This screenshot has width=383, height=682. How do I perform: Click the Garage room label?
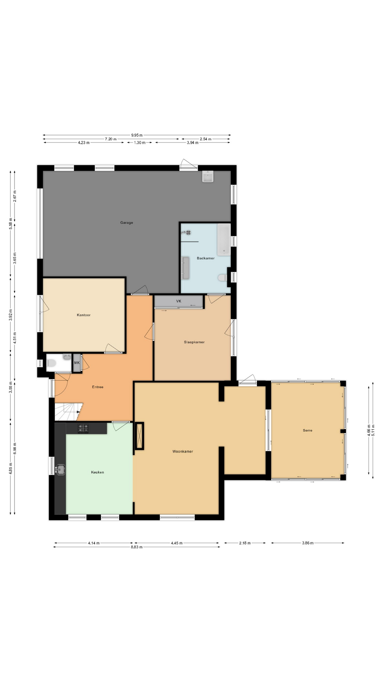[127, 223]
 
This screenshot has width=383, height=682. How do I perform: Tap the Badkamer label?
[206, 258]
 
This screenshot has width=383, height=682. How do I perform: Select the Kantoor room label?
[84, 315]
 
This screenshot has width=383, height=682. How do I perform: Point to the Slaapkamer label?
[194, 342]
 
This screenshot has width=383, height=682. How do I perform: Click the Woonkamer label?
[183, 451]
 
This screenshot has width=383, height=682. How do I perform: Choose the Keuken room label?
[98, 472]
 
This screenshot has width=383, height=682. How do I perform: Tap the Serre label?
[307, 430]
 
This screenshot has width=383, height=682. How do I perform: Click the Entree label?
[98, 387]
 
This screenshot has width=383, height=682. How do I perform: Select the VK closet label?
[179, 301]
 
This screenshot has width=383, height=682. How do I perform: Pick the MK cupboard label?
[77, 363]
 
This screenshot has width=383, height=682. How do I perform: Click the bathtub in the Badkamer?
[224, 240]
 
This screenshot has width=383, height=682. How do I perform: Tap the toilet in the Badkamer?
[222, 278]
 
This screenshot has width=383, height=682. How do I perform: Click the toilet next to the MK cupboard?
[51, 363]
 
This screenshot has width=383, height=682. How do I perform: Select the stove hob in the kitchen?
[84, 428]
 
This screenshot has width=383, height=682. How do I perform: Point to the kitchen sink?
[60, 470]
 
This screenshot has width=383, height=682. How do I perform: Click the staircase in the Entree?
[68, 412]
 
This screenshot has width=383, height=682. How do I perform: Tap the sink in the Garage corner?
[208, 176]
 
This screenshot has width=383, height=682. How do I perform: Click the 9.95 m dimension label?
[137, 135]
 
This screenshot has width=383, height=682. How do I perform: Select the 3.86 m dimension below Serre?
[307, 543]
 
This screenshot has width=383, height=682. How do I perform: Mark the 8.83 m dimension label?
[137, 547]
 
